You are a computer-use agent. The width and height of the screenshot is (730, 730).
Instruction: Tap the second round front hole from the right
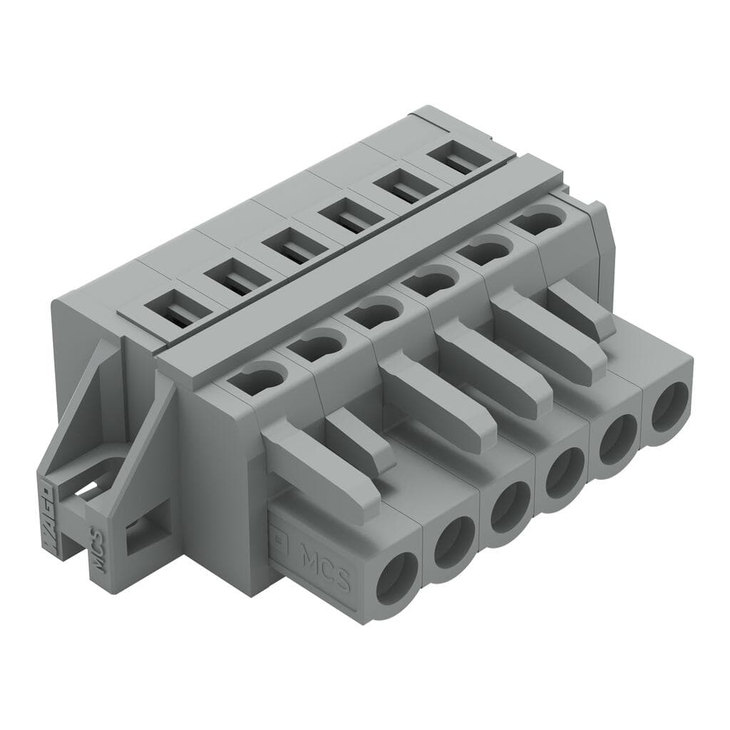pos(617,443)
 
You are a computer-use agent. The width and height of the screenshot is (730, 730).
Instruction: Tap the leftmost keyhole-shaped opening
pos(255,378)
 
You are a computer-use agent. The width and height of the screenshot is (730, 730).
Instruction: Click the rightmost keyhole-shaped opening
pos(537,220)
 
